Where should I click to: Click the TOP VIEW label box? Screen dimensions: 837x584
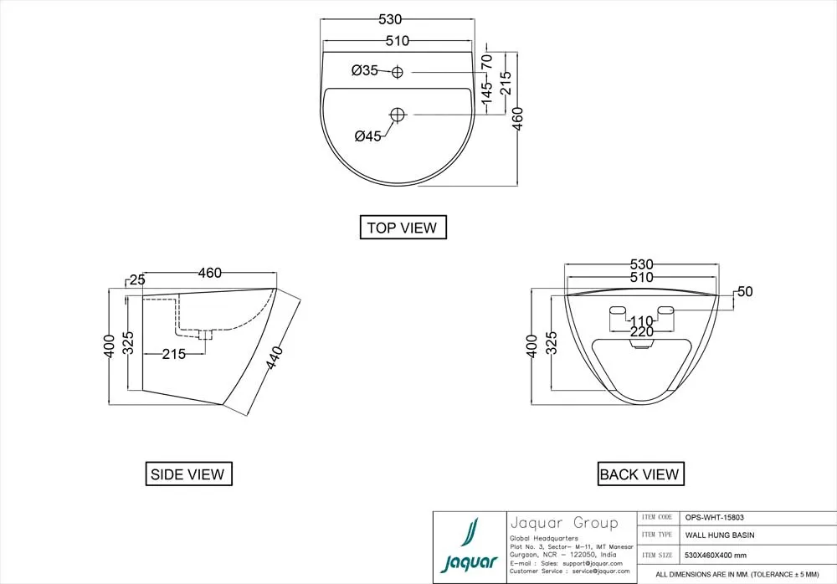403,227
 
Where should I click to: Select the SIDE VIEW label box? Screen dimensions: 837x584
188,474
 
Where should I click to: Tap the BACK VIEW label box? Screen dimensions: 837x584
640,474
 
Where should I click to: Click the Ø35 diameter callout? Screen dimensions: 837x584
365,70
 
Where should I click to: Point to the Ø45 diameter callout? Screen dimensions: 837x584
368,136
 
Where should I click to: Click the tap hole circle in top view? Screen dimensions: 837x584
397,72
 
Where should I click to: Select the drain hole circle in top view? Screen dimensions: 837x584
398,115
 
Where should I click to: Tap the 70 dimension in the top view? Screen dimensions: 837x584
486,61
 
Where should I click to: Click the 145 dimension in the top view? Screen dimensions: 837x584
486,93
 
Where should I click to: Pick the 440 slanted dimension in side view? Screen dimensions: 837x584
274,357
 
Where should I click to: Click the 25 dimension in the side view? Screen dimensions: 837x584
137,279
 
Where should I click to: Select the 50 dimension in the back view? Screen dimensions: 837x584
745,291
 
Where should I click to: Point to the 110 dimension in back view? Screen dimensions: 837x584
641,321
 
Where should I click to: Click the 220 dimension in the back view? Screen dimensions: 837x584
641,332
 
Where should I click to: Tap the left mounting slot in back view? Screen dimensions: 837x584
618,310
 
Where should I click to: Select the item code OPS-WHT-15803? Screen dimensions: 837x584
714,517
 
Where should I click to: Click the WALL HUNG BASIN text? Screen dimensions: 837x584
720,535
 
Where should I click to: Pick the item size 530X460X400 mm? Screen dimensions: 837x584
716,556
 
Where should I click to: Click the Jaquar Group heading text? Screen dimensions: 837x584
564,523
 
